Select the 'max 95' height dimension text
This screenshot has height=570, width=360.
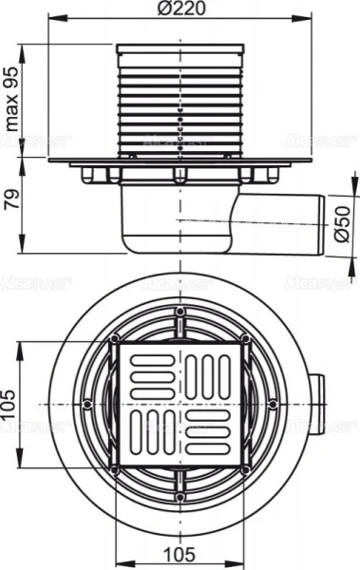click(12, 104)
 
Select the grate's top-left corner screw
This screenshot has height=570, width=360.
click(114, 339)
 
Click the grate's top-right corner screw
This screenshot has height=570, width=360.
click(244, 339)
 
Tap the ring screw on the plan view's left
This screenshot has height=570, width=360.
click(87, 403)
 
